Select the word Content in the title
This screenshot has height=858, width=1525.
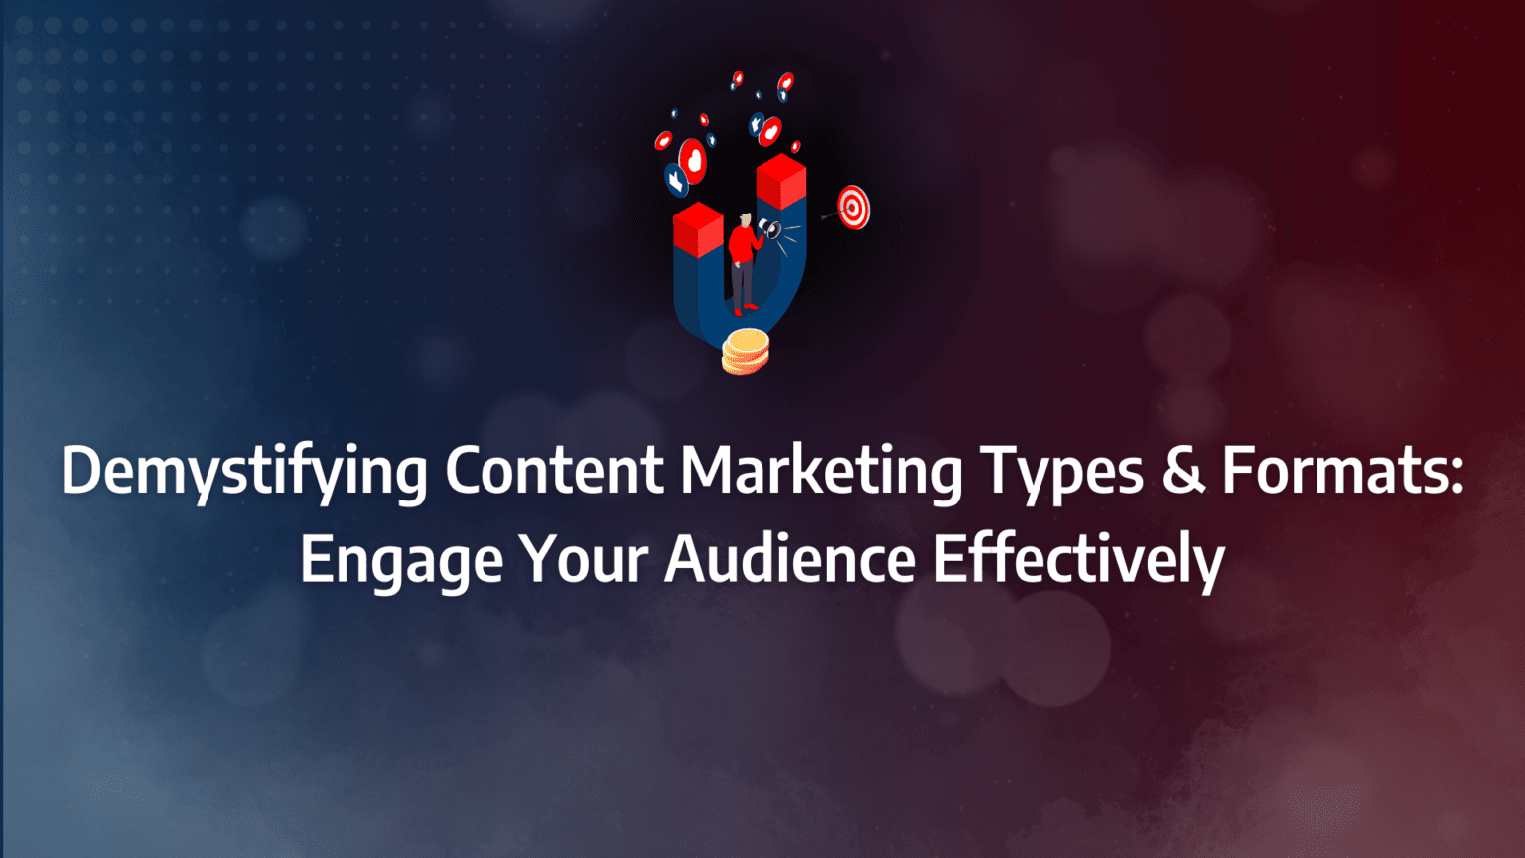pyautogui.click(x=554, y=471)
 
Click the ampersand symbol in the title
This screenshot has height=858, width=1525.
pyautogui.click(x=1182, y=471)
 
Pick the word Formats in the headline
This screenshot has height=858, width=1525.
pyautogui.click(x=1334, y=471)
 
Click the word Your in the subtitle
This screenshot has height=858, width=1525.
pyautogui.click(x=584, y=559)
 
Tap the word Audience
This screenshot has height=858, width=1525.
pyautogui.click(x=789, y=559)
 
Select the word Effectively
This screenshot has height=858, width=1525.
pyautogui.click(x=1078, y=561)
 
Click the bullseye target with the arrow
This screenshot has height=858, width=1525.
pyautogui.click(x=852, y=207)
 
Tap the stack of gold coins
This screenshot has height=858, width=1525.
pyautogui.click(x=745, y=352)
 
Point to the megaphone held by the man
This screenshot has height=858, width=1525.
pyautogui.click(x=769, y=230)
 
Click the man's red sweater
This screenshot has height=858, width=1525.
pyautogui.click(x=741, y=244)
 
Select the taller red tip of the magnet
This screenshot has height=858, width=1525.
pyautogui.click(x=780, y=180)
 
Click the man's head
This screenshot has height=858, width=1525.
pyautogui.click(x=744, y=218)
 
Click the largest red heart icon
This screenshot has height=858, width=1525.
pyautogui.click(x=692, y=160)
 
